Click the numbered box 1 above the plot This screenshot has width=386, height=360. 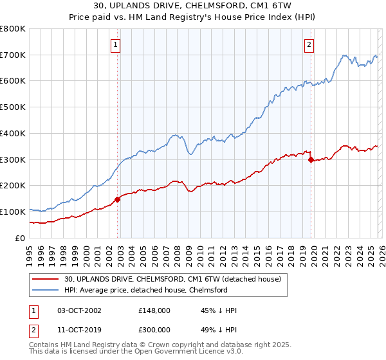pyautogui.click(x=115, y=45)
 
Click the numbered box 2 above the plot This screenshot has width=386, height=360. pyautogui.click(x=309, y=45)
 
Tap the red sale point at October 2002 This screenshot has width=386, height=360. pyautogui.click(x=118, y=199)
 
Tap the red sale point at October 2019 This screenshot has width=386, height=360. pyautogui.click(x=311, y=159)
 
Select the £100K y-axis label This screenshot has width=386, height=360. pyautogui.click(x=13, y=212)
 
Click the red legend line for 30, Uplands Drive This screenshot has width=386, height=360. pyautogui.click(x=45, y=280)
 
